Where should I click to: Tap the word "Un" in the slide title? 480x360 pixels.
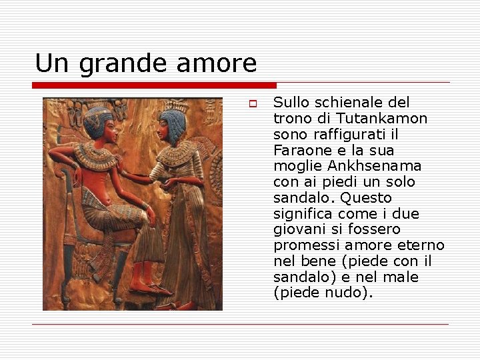52,63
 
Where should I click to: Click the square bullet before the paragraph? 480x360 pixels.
253,104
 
